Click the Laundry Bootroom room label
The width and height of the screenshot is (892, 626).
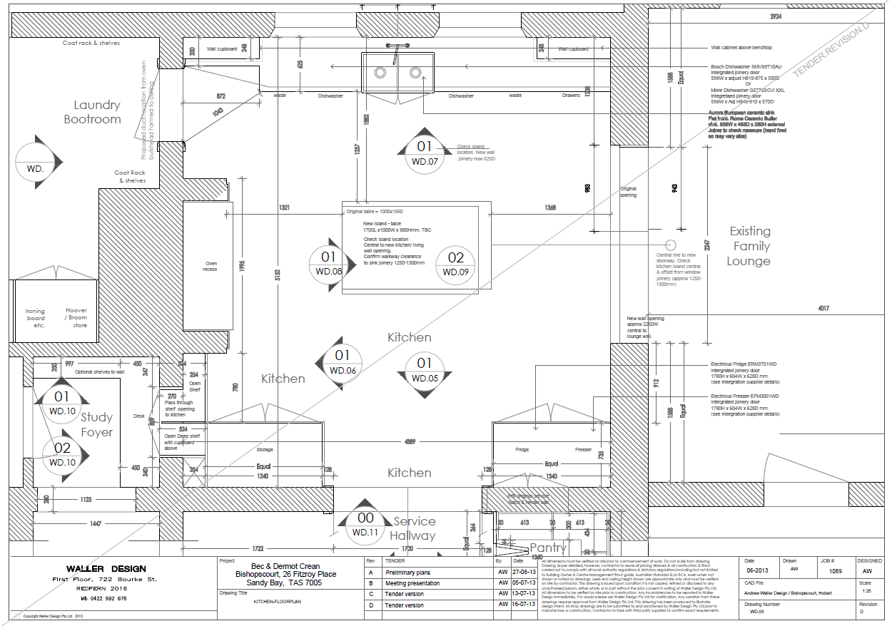point(93,112)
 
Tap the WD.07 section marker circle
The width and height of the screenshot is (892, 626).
point(425,153)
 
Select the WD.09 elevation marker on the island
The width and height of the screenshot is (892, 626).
point(455,264)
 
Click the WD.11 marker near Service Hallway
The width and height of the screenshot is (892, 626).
point(365,525)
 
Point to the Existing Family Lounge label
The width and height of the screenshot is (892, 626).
point(749,246)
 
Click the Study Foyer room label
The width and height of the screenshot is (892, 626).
point(97,424)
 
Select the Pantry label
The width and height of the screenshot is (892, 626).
point(547,548)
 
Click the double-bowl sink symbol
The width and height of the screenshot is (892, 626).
point(397,73)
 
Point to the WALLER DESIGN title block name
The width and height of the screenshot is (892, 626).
point(106,569)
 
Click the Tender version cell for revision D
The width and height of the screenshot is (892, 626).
point(405,605)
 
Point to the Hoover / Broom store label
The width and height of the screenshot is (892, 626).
point(76,318)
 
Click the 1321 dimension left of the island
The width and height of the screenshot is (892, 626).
point(284,207)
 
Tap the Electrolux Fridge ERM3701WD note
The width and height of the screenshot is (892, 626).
point(744,364)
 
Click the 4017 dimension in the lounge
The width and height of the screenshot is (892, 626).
point(824,308)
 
